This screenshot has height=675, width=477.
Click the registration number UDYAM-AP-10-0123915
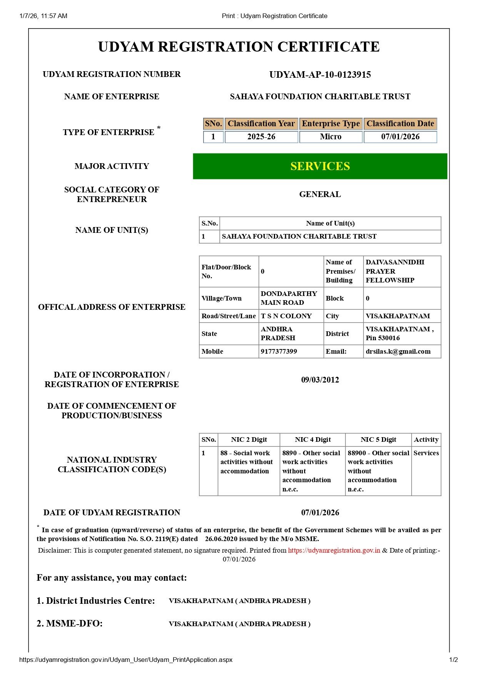320,75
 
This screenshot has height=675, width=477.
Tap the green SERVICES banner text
320,166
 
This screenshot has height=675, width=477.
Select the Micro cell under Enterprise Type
331,137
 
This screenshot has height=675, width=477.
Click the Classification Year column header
261,124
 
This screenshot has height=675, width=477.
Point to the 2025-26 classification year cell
261,137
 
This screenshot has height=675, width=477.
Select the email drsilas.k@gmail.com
398,351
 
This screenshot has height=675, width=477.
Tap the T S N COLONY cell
286,316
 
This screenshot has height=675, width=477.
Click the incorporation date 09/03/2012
320,380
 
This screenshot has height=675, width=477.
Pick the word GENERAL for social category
320,194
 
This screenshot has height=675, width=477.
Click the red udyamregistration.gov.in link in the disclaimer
334,550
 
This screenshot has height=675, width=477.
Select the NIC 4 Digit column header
313,439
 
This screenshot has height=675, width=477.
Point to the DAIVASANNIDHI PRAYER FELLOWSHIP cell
395,271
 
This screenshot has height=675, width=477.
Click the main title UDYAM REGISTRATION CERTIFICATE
239,47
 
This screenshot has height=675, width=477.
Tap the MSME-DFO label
70,623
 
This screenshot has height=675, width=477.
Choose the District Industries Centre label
96,601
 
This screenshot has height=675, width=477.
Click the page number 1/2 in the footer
454,660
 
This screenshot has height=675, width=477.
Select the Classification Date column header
400,124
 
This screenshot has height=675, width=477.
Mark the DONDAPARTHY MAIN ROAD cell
289,298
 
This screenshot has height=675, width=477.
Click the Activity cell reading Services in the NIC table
426,453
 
